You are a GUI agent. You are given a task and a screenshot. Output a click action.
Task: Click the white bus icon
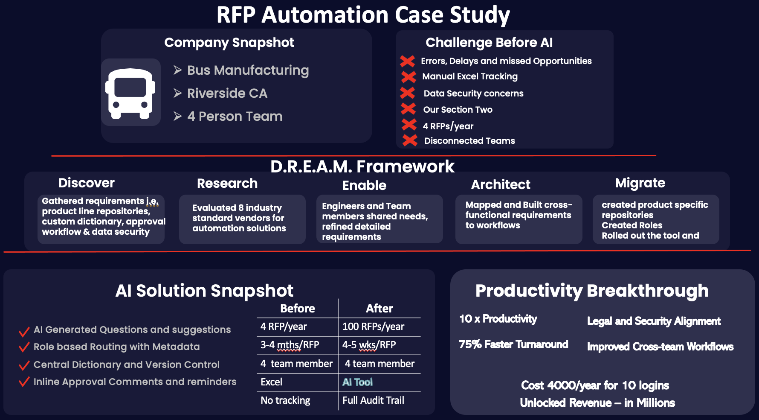point(130,93)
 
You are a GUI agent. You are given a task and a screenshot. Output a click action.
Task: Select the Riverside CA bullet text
point(227,93)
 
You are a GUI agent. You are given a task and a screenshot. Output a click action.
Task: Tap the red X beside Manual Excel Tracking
point(408,77)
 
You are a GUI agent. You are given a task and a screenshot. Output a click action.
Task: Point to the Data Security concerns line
point(473,93)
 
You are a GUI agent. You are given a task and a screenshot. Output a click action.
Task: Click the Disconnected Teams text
point(469,141)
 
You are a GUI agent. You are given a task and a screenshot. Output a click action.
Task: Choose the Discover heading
point(87,183)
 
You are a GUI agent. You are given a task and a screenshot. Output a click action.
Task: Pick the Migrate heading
point(640,183)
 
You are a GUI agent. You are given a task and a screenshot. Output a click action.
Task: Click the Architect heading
point(501,184)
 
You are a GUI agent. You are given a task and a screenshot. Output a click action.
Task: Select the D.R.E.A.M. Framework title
point(362,166)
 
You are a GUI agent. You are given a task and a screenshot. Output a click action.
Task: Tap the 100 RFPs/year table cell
point(373,327)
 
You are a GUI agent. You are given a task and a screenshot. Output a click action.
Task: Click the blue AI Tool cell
point(357,382)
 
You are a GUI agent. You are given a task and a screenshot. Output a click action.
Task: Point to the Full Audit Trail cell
point(373,400)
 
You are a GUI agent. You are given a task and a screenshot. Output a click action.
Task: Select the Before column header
point(297,308)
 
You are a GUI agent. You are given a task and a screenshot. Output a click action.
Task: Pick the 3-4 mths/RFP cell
point(290,345)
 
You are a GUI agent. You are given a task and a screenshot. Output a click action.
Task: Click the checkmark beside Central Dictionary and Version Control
point(24,365)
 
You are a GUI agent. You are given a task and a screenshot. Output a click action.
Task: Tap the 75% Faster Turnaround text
point(513,344)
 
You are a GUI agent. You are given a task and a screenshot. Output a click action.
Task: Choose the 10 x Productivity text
point(498,319)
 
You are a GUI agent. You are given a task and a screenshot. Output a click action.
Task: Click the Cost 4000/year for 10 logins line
point(595,385)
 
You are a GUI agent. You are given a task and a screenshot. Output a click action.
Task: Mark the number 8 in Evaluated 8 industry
point(241,208)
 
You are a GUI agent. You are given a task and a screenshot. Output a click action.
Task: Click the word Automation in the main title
point(325,15)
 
